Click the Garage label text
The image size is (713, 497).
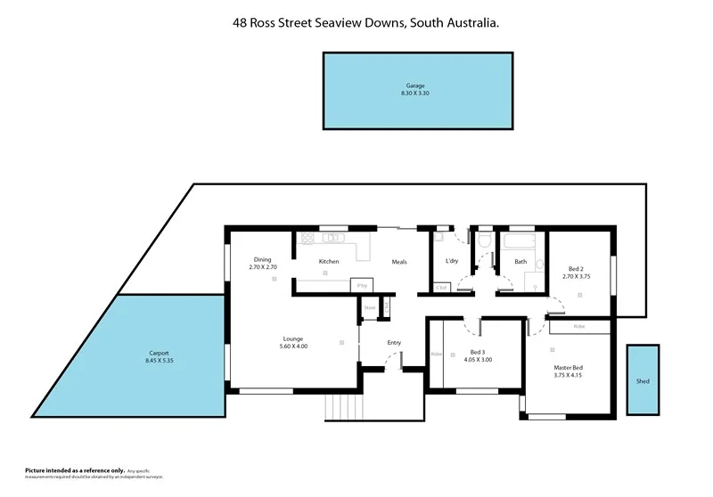(415, 86)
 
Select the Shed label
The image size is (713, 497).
(643, 381)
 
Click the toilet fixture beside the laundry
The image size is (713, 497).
(484, 242)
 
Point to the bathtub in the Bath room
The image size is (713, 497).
(520, 242)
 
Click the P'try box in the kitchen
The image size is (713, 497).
(362, 285)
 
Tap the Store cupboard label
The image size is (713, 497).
(370, 307)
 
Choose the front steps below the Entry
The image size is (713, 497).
(341, 407)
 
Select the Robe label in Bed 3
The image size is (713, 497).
(436, 354)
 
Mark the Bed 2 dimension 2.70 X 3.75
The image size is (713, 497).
(577, 276)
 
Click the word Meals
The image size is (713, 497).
(400, 262)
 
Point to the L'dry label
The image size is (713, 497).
(452, 262)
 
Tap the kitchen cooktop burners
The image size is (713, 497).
(307, 238)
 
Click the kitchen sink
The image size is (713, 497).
(334, 238)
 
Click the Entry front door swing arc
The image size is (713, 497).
(393, 361)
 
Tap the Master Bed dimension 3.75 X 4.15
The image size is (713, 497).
(568, 375)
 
